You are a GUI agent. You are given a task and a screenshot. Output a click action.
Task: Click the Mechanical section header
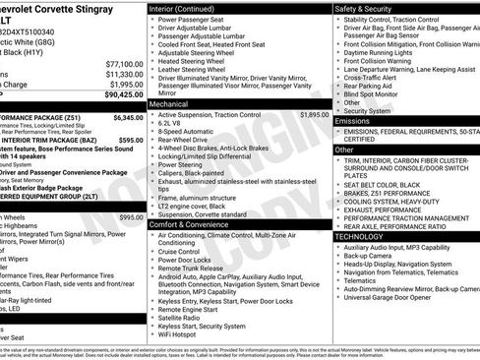pyautogui.click(x=168, y=102)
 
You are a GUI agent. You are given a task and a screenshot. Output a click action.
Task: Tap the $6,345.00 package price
pyautogui.click(x=128, y=117)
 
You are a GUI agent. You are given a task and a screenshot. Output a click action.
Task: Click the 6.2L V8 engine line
pyautogui.click(x=173, y=123)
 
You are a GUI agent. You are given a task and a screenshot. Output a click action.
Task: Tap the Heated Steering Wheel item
pyautogui.click(x=192, y=60)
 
